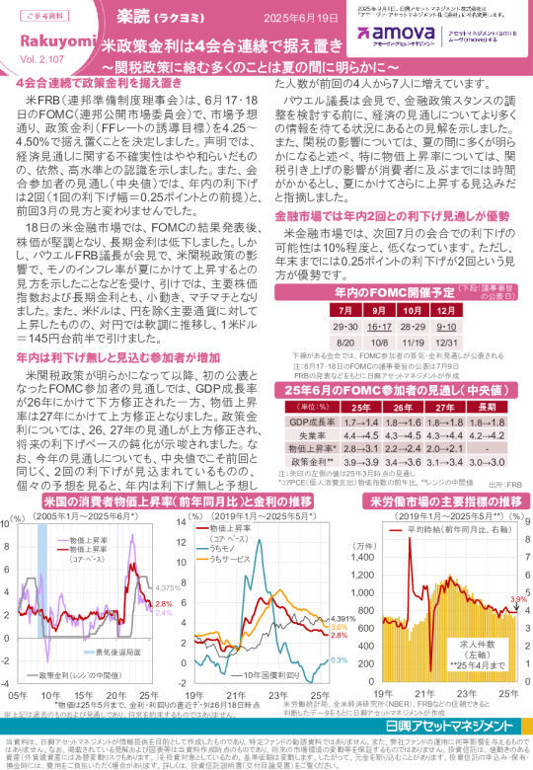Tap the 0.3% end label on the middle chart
[338, 659]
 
